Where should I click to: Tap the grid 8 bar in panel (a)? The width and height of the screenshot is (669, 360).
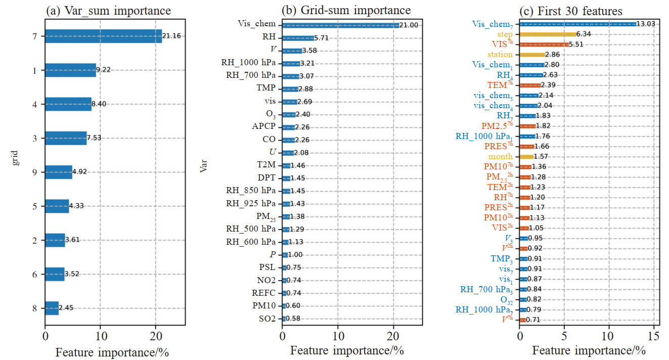[52, 308]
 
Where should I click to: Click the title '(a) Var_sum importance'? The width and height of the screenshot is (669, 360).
[108, 10]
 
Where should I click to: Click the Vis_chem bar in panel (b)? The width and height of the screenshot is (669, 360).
[340, 25]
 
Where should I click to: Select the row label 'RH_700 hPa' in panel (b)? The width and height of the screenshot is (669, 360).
[248, 75]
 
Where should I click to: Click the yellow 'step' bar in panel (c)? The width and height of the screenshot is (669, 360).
[548, 34]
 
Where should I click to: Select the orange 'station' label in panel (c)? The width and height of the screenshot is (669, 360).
[500, 55]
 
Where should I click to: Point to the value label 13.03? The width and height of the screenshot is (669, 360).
[648, 24]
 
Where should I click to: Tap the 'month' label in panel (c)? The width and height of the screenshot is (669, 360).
[501, 157]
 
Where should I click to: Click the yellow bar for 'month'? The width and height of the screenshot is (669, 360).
[526, 157]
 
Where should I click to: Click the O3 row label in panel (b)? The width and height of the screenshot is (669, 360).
[268, 114]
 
